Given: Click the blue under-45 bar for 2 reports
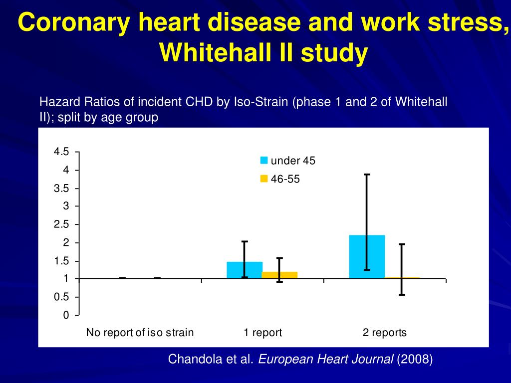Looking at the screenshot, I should click(x=367, y=257).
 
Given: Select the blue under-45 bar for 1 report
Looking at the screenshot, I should click(x=245, y=270).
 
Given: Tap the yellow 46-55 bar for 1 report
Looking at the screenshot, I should click(x=279, y=275).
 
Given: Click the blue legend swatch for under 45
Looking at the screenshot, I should click(x=264, y=161).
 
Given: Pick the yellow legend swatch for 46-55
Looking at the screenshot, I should click(x=264, y=179).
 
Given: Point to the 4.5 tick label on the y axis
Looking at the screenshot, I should click(x=62, y=152).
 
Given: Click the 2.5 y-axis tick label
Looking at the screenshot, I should click(x=62, y=225).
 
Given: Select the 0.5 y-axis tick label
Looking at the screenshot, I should click(x=62, y=298).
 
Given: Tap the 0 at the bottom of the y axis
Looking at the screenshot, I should click(x=66, y=316).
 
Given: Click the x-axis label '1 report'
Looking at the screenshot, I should click(x=262, y=333).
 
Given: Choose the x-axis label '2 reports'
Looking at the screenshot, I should click(x=385, y=333).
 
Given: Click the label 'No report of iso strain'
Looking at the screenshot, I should click(x=140, y=333).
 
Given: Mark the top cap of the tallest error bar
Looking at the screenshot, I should click(x=367, y=175).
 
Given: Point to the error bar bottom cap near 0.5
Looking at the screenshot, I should click(x=402, y=295).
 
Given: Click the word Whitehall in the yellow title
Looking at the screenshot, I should click(x=213, y=53).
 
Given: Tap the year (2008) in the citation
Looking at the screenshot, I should click(x=415, y=359).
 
